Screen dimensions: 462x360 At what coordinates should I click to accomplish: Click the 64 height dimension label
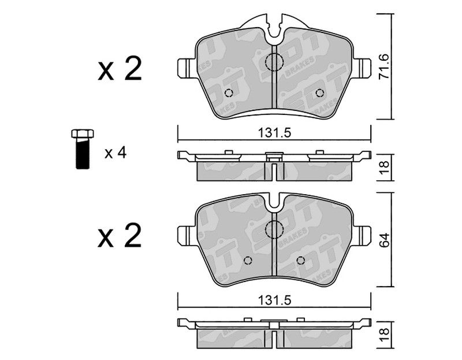point(384,240)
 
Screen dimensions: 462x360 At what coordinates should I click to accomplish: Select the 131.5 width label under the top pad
point(275,133)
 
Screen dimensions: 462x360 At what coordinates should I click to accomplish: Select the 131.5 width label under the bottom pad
point(275,300)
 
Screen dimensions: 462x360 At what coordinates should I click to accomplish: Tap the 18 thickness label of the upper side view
point(384,167)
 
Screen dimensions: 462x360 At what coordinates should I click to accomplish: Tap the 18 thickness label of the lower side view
point(384,335)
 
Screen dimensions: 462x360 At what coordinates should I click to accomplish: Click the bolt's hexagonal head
point(83,133)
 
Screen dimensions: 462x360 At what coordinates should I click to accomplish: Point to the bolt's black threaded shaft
point(83,154)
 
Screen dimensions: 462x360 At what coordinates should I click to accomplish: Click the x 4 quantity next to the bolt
point(115,153)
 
